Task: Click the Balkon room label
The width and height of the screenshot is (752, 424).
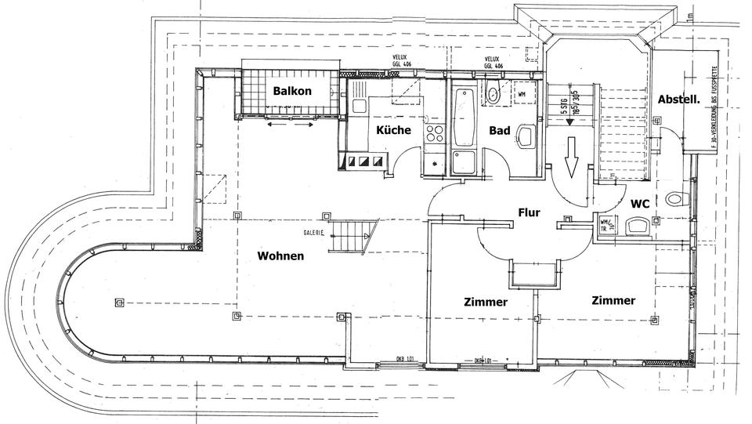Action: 292,91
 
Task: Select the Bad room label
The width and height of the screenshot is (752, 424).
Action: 501,130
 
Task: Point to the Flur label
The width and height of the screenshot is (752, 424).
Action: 530,212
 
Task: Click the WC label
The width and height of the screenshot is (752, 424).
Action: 639,203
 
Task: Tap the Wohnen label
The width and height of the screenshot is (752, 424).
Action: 281,255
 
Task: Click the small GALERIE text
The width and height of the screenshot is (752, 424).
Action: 315,233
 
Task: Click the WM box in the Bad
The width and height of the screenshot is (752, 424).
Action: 521,94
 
